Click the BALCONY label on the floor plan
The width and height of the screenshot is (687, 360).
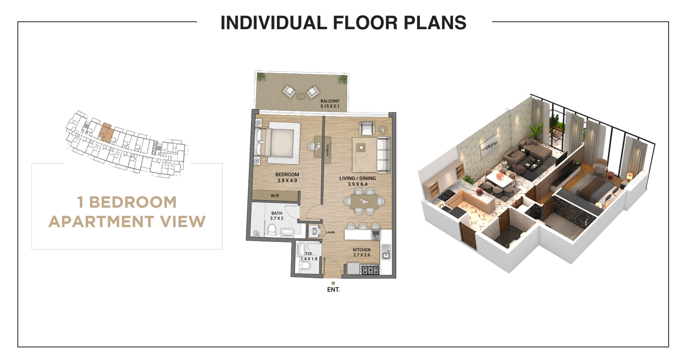[330, 101]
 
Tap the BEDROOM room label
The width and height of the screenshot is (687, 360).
[286, 174]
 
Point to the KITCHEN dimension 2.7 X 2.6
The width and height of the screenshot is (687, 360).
[362, 255]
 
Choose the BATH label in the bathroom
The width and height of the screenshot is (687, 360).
[277, 213]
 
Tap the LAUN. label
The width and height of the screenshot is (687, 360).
[331, 232]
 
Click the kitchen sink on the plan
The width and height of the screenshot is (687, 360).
[386, 253]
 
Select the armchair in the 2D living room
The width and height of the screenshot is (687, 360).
[366, 128]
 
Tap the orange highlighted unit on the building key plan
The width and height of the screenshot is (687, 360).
[105, 133]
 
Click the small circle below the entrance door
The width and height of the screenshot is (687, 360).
[333, 284]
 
